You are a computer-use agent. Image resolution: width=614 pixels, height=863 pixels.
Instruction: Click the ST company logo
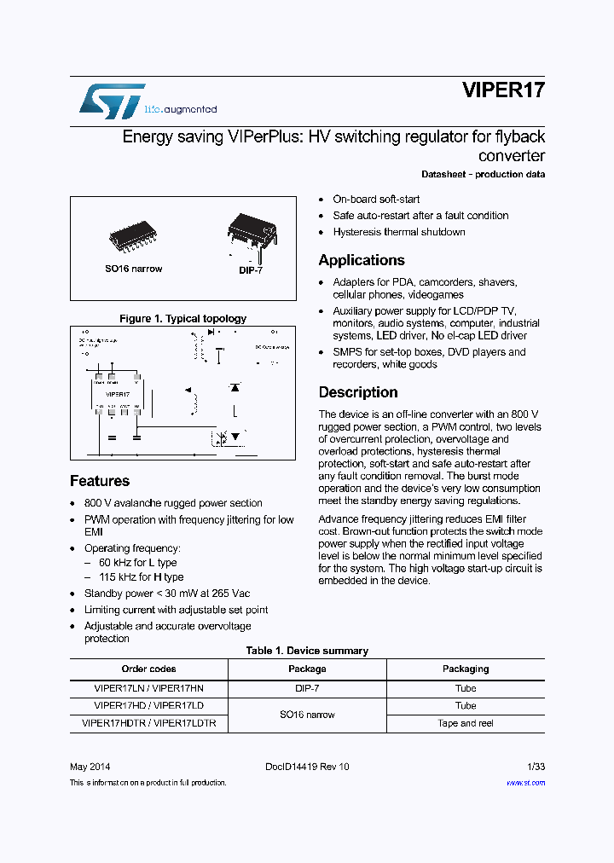pos(112,101)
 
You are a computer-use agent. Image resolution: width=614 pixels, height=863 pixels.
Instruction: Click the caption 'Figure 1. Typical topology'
pos(182,318)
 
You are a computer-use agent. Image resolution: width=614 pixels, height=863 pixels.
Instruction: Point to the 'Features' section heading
pos(100,481)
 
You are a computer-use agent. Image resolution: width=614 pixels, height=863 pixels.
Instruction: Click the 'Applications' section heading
pos(362,260)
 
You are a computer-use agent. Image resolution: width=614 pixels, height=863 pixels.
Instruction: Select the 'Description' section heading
pos(358,392)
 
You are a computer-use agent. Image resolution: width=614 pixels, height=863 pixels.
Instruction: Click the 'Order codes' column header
pos(148,669)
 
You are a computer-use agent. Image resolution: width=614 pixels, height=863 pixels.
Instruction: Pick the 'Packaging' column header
pos(465,669)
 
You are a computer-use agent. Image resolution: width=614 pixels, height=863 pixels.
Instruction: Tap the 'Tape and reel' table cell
pos(465,723)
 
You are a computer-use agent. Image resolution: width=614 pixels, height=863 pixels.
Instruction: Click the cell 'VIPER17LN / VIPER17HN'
pos(148,687)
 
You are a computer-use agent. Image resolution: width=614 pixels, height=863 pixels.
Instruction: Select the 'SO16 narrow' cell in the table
pos(307,715)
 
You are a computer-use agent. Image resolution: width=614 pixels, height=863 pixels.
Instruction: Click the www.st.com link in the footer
pos(525,782)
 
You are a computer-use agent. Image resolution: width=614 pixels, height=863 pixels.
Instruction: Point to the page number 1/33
pos(535,767)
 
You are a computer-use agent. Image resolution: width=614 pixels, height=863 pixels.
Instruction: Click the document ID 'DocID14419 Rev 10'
pos(307,767)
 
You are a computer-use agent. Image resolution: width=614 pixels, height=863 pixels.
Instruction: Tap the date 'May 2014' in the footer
pos(90,767)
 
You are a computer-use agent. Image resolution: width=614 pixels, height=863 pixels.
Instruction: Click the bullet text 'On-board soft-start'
pos(376,199)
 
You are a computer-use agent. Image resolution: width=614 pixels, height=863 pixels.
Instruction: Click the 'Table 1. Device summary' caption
pos(307,651)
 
